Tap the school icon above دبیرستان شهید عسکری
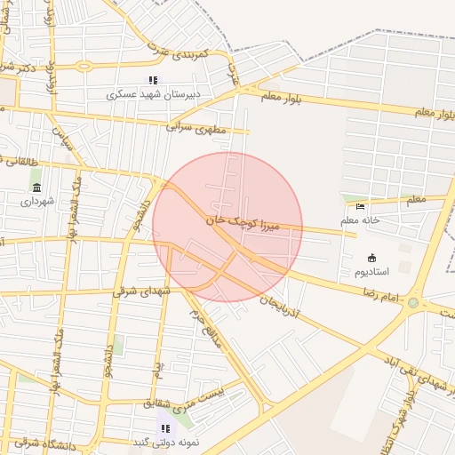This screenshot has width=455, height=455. coord(153,80)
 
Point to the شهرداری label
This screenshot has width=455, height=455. coord(37,201)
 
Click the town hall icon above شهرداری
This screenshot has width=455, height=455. coord(36,187)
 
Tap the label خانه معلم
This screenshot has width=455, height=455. coord(360,220)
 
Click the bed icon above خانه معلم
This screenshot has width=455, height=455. coord(360,207)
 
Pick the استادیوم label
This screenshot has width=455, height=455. coord(371,270)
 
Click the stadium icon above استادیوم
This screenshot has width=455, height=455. coord(371,257)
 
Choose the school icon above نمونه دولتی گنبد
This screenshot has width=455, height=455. coord(165,428)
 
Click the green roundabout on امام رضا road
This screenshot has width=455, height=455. coord(412,303)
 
